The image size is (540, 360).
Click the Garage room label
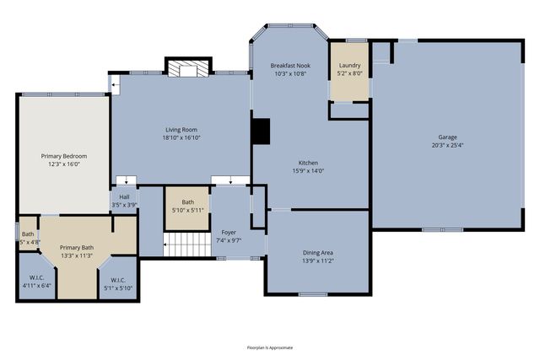446,137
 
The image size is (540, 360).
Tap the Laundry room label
349,66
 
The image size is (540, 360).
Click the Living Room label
181,130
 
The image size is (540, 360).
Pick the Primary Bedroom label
64,156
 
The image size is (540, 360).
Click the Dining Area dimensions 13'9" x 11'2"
318,261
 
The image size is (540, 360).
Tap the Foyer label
229,232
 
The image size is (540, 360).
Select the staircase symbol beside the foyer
186,245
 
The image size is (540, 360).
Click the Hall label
124,197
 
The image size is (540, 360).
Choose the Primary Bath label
76,248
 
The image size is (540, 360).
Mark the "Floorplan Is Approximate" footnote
269,347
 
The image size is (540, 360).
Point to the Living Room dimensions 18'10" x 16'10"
181,137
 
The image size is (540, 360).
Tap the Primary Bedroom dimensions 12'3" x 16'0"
64,164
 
